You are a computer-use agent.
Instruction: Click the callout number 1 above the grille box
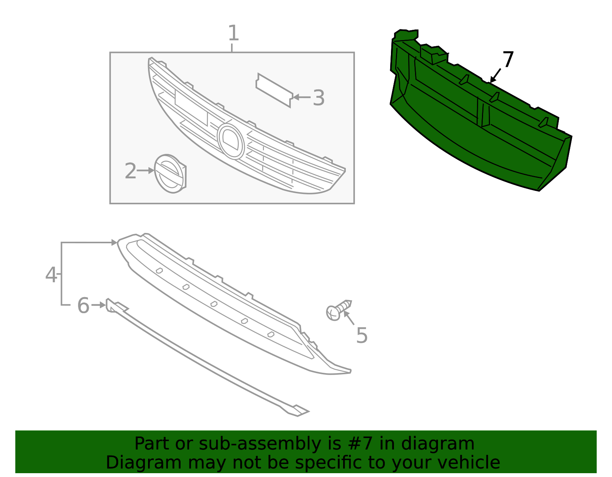pos(233,33)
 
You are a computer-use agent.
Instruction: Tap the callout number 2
pos(130,171)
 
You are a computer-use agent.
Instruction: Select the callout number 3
pos(319,98)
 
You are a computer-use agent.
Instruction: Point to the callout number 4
pos(51,275)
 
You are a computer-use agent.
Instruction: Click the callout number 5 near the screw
pos(362,335)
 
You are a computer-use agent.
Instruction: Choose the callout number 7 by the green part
pos(508,59)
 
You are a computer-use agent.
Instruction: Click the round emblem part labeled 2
pos(170,174)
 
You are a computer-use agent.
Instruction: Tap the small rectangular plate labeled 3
pos(274,90)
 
